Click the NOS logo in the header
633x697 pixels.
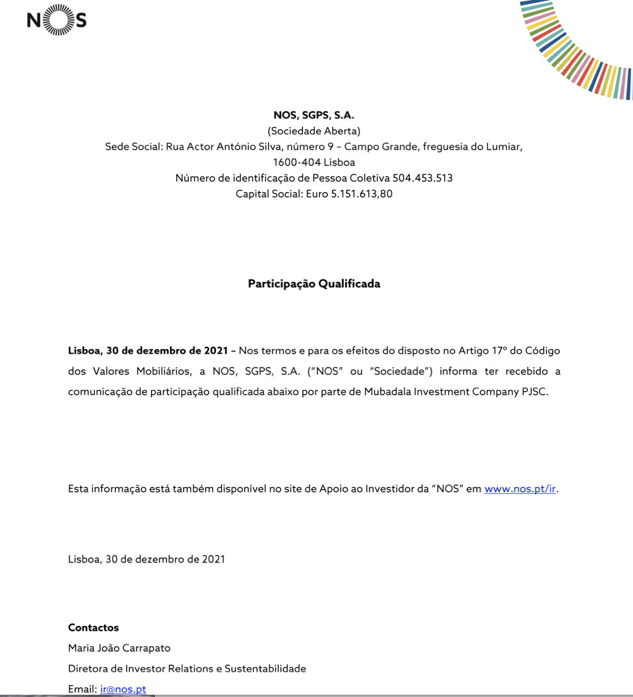point(57,20)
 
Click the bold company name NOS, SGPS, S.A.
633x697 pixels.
point(314,115)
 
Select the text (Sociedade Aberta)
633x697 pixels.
point(314,131)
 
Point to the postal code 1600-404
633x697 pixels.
point(297,163)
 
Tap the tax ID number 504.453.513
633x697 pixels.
point(423,178)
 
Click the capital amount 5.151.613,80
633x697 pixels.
point(362,194)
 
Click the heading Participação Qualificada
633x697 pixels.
point(314,284)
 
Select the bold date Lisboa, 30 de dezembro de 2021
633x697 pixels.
point(148,351)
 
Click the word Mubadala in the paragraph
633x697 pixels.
point(387,392)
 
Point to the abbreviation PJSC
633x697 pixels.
point(534,392)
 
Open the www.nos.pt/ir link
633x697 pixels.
point(520,489)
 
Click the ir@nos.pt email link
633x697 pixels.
point(123,689)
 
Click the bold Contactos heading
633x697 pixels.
point(93,628)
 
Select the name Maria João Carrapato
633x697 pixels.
point(119,648)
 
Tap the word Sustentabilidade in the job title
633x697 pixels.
point(265,669)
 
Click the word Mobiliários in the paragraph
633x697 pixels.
point(164,372)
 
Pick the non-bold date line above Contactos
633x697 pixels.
point(146,559)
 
